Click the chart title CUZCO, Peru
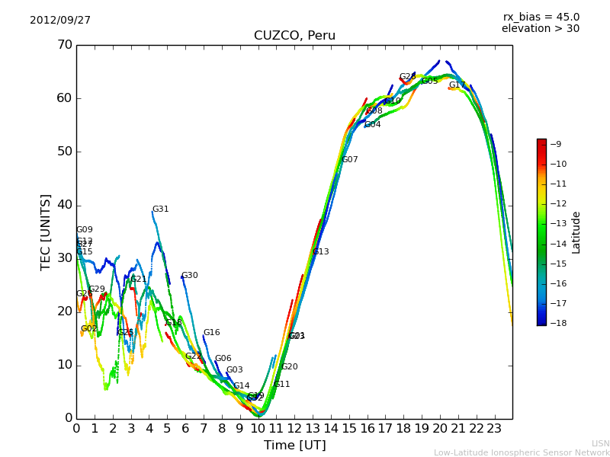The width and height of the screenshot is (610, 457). click(x=294, y=36)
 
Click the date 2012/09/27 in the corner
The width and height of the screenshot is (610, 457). click(x=60, y=21)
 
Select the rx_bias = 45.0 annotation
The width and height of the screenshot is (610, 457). click(x=541, y=18)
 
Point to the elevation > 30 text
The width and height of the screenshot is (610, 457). click(x=540, y=29)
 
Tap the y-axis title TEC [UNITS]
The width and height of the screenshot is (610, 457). click(x=47, y=232)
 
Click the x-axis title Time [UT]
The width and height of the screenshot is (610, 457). click(x=294, y=445)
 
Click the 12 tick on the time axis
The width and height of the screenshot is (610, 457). click(x=294, y=428)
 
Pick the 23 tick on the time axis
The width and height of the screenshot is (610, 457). click(x=494, y=428)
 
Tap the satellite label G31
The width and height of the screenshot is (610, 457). click(x=160, y=209)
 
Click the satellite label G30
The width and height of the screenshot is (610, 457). click(x=189, y=276)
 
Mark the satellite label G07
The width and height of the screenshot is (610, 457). click(x=349, y=160)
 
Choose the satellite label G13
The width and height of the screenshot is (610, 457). click(x=320, y=252)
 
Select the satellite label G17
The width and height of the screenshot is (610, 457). click(x=457, y=85)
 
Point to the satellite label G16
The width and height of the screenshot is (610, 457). click(x=211, y=333)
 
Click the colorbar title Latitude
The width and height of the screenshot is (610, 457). click(x=576, y=232)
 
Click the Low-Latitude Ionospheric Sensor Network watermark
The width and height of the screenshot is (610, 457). click(x=522, y=453)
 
